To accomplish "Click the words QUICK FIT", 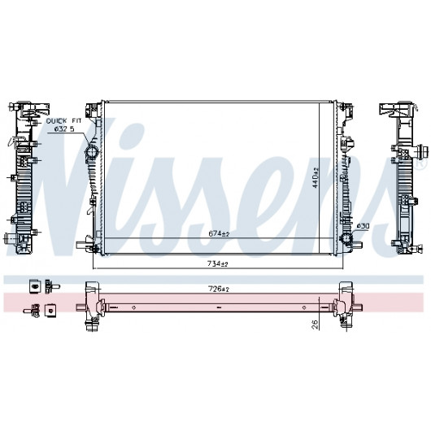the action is pyautogui.click(x=63, y=121).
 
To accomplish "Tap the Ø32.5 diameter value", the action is pyautogui.click(x=64, y=128).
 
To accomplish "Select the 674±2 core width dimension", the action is pyautogui.click(x=219, y=233).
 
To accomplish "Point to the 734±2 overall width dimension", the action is pyautogui.click(x=217, y=263).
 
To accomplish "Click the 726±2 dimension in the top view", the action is pyautogui.click(x=219, y=289).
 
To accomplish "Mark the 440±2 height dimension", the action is pyautogui.click(x=316, y=177).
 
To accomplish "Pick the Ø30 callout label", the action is pyautogui.click(x=363, y=226).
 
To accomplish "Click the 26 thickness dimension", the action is pyautogui.click(x=316, y=324).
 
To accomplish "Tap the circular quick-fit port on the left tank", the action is pyautogui.click(x=93, y=152).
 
